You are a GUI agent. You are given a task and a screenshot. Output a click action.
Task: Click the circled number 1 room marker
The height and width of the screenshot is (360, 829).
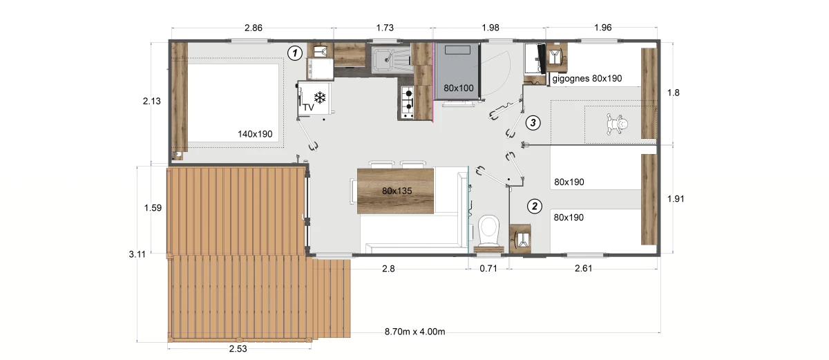[x=295, y=53]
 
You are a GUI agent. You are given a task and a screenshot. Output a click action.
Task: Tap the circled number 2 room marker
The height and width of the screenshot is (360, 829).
[x=535, y=207]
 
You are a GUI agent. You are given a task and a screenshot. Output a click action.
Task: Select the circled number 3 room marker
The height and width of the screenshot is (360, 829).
[x=533, y=122]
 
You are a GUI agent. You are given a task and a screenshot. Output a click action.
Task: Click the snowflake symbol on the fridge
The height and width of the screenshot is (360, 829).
[x=320, y=97]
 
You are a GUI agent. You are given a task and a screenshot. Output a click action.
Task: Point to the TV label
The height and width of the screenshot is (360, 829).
[x=308, y=108]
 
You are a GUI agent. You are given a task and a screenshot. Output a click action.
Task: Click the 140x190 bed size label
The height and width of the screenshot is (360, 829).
[x=255, y=134]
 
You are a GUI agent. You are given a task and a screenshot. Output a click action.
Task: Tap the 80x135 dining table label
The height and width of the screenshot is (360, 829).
[x=397, y=191]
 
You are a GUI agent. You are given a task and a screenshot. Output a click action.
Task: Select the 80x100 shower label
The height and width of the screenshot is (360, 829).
[x=459, y=88]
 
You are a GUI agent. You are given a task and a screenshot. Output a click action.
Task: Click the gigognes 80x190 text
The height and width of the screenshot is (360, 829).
[x=587, y=79]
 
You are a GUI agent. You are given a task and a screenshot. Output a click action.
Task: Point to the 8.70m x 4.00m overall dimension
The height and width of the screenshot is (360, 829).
[x=414, y=332]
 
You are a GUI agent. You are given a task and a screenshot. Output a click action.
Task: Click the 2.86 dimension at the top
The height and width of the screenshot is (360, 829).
[x=254, y=28]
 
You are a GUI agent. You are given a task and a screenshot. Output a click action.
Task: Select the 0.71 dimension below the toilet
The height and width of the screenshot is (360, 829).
[x=488, y=269]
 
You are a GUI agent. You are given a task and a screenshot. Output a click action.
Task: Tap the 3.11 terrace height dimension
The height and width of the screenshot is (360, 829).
[x=137, y=254]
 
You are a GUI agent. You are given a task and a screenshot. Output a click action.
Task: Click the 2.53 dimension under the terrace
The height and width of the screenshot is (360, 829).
[x=238, y=348]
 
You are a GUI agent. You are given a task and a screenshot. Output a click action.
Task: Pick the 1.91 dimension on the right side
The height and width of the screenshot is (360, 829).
[x=676, y=199]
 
